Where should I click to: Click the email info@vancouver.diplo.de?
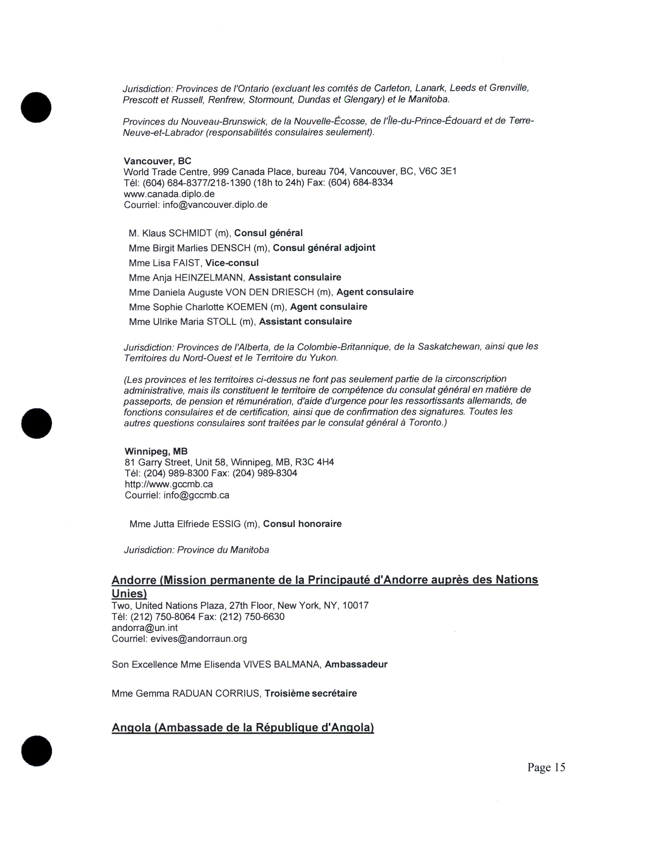tap(215, 204)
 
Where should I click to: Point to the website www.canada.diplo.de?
tap(169, 194)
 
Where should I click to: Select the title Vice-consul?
tap(232, 263)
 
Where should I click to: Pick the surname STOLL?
tap(222, 322)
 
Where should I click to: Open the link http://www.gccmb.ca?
tap(169, 484)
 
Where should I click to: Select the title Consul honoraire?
tap(302, 524)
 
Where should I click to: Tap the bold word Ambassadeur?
tap(356, 664)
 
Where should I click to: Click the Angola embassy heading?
tap(243, 727)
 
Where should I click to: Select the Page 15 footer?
tap(546, 767)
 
